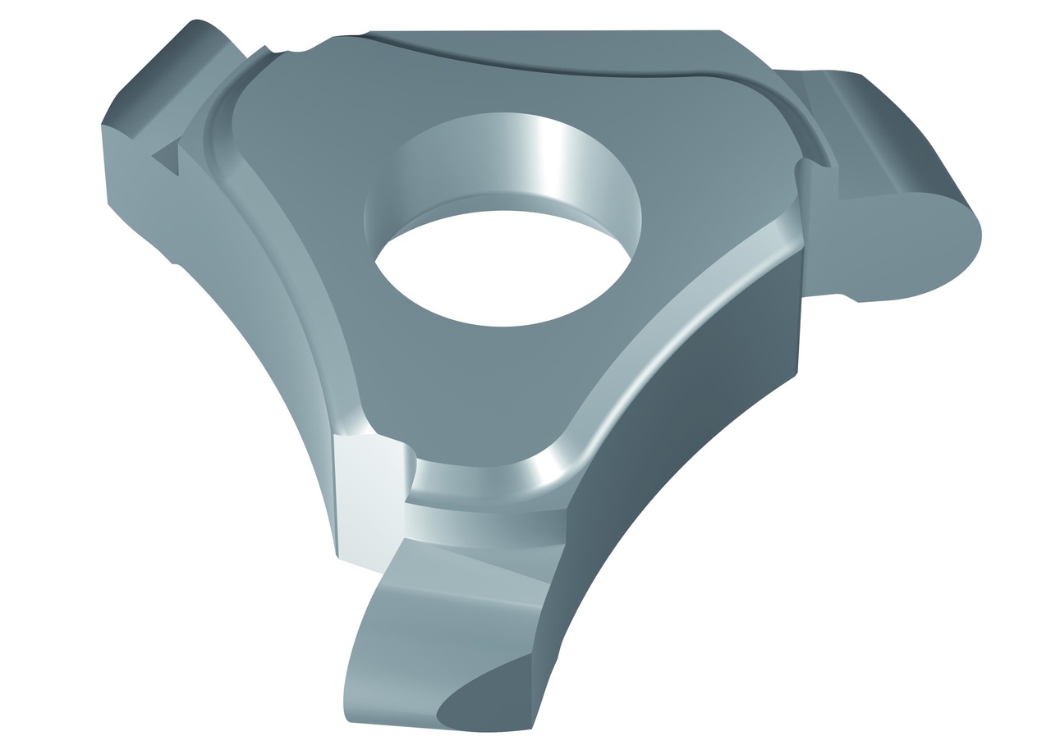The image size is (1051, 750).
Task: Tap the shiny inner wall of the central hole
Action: [525, 156]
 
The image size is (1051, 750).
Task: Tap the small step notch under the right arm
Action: [850, 298]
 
